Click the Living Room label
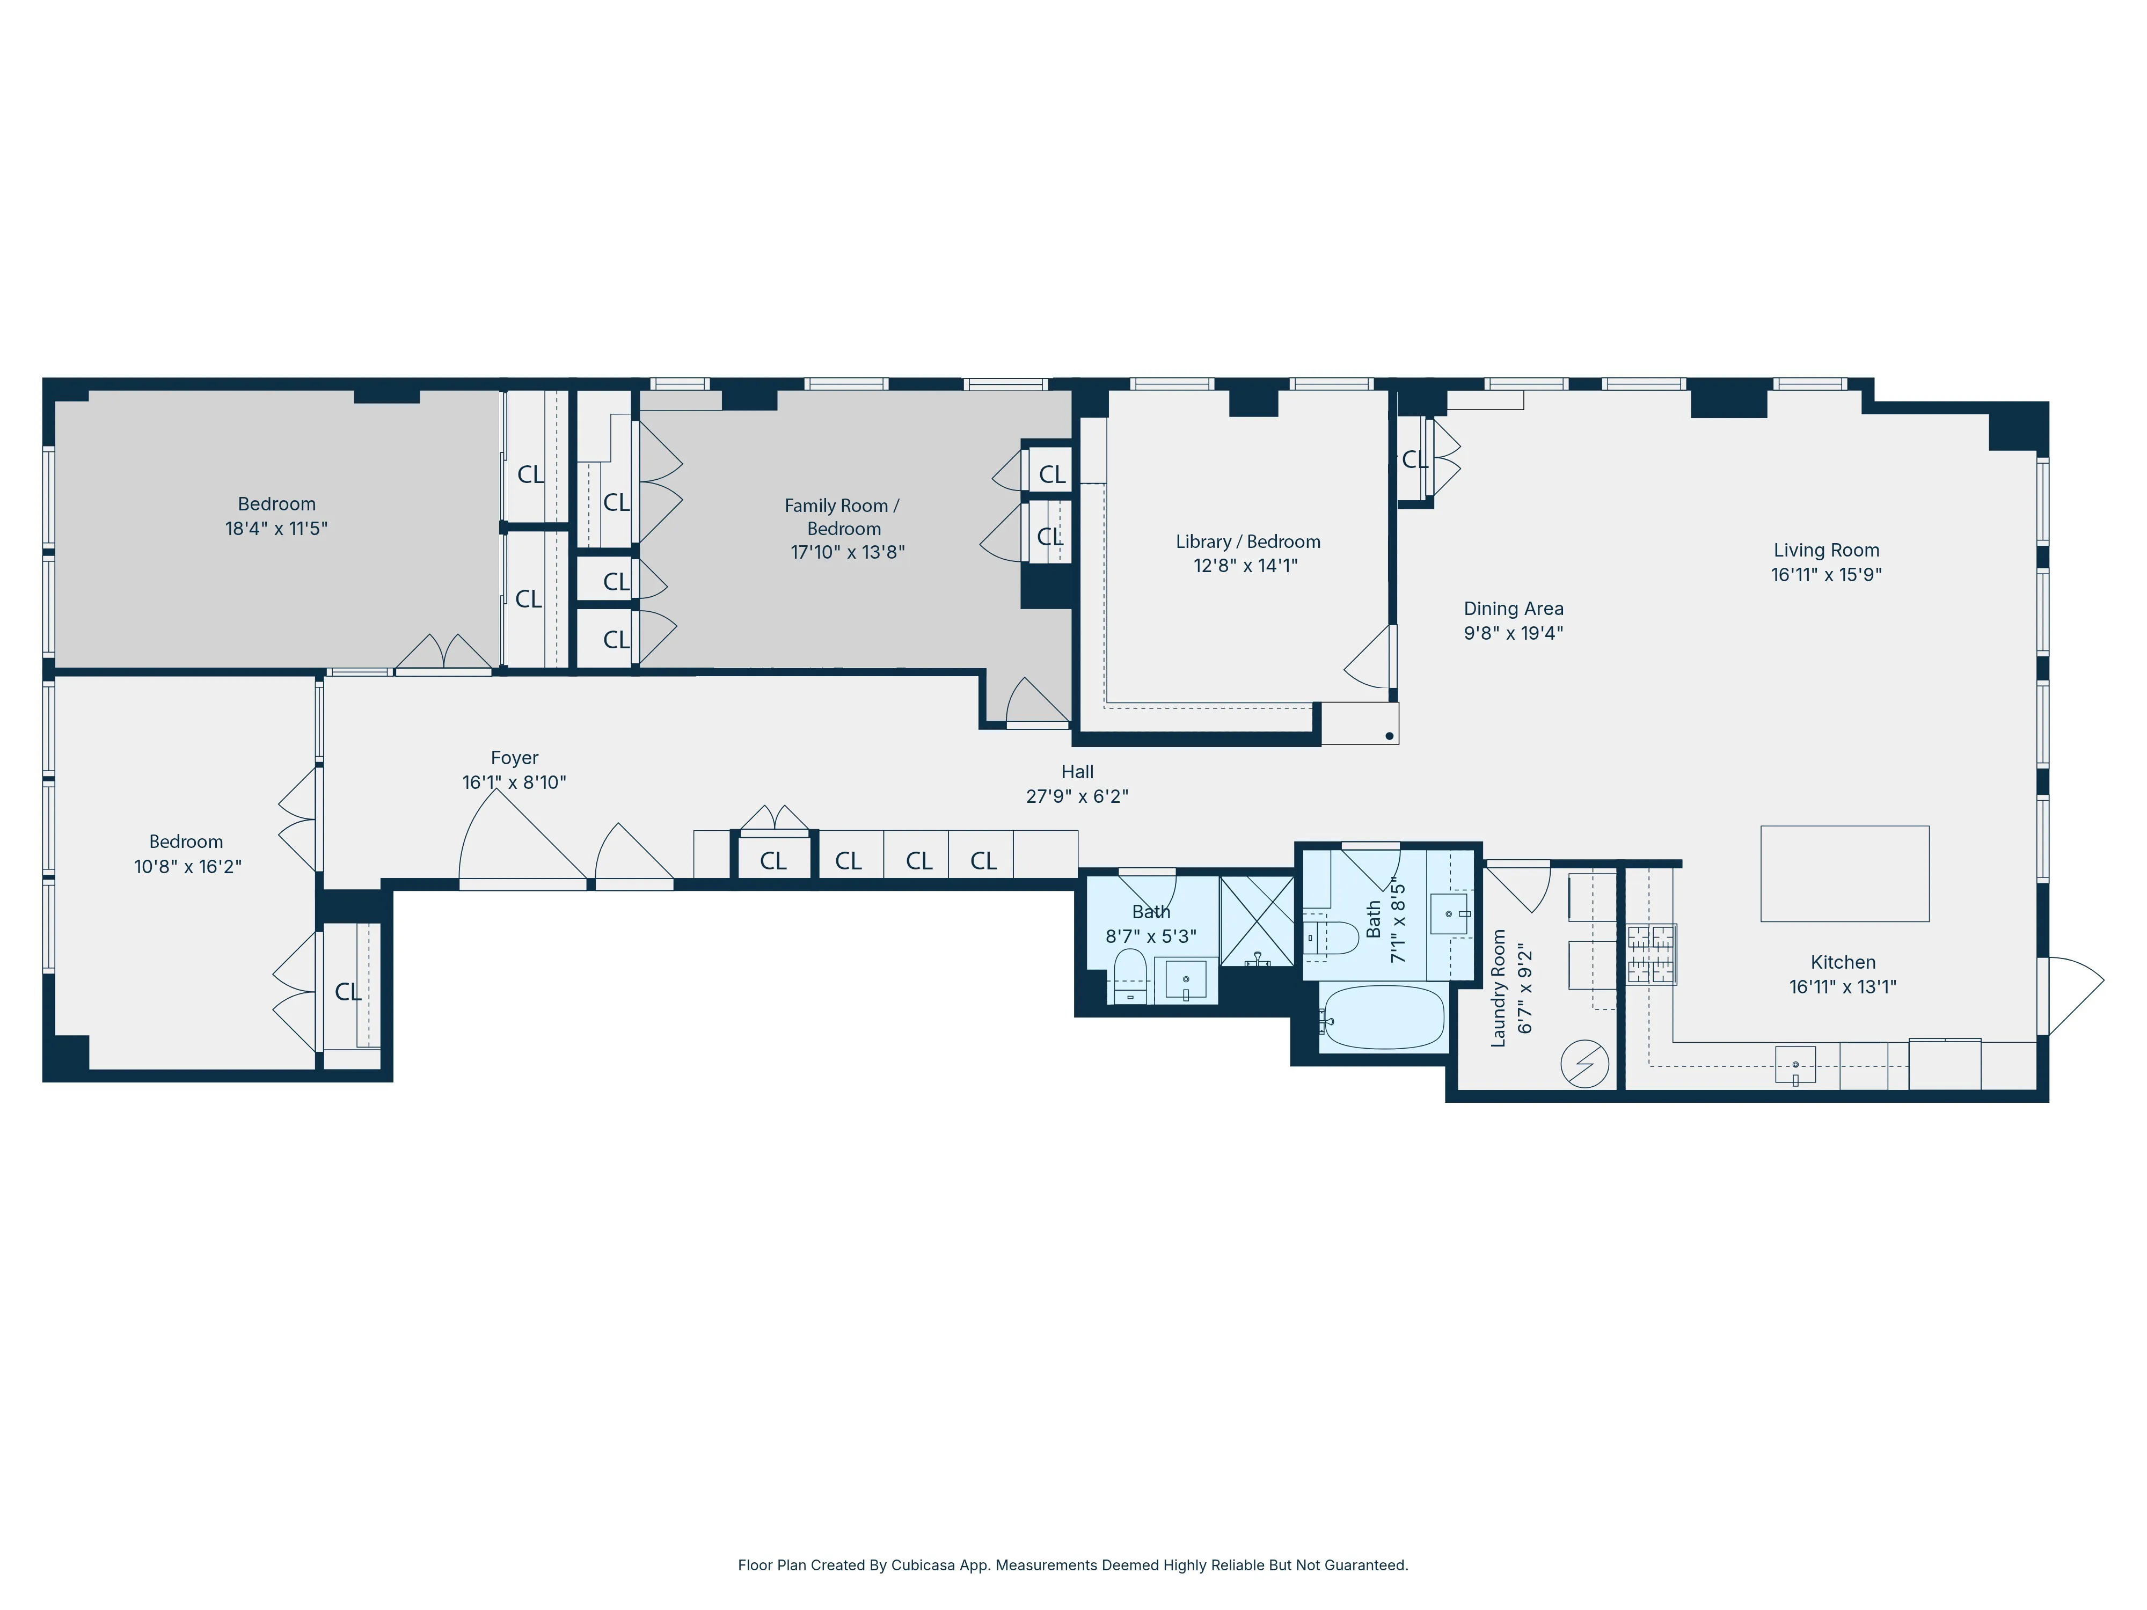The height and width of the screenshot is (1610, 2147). coord(1825,550)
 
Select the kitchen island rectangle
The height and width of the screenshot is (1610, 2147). coord(1844,873)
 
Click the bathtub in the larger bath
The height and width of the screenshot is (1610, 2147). coord(1383,1017)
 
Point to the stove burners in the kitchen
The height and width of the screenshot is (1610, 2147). coord(1651,954)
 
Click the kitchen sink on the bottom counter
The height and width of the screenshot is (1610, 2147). coord(1795,1065)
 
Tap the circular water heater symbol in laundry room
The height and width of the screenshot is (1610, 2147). coord(1584,1064)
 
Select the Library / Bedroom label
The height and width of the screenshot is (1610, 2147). coord(1247,541)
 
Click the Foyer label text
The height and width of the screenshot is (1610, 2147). coord(514,758)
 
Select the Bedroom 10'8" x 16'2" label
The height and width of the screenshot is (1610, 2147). coord(186,854)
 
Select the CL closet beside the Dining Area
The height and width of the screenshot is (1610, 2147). coord(1414,459)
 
